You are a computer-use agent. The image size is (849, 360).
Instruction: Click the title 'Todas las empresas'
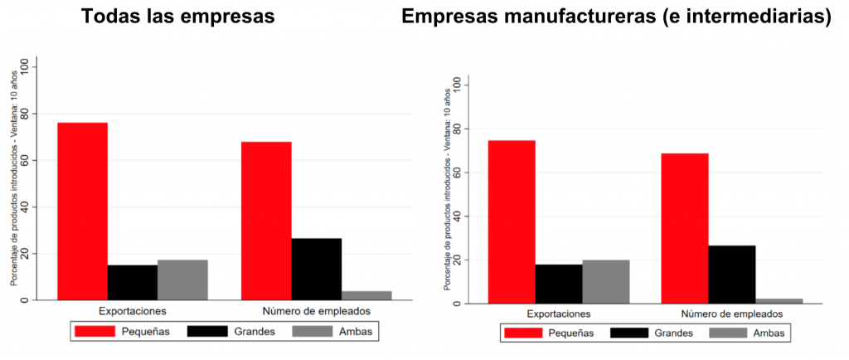(177, 17)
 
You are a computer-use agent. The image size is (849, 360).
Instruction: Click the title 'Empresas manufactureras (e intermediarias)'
(616, 17)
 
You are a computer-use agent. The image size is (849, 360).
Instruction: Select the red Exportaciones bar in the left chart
(82, 211)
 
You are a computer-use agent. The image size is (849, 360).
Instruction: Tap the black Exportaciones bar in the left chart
(133, 282)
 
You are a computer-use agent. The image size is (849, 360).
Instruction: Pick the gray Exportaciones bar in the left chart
(182, 280)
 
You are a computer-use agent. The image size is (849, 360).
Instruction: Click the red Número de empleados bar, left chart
(266, 221)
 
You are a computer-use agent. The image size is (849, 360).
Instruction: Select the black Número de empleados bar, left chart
(316, 269)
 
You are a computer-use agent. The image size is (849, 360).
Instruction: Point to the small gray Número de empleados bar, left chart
(366, 295)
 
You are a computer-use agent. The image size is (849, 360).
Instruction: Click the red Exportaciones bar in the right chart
(511, 222)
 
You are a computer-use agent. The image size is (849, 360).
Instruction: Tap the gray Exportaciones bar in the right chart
(605, 282)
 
